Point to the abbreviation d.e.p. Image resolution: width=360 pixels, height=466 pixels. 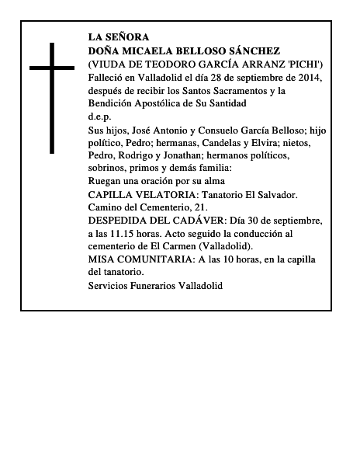tap(100, 116)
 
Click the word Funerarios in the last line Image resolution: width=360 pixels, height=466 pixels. tap(154, 286)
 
